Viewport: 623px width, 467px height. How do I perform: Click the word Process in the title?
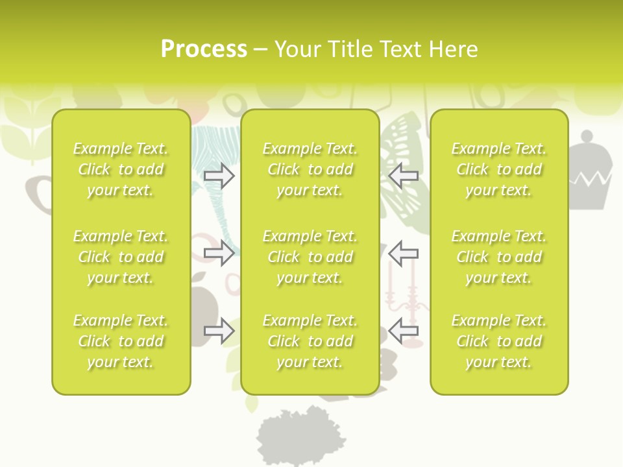pos(204,49)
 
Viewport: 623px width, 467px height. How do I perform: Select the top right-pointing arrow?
pos(219,175)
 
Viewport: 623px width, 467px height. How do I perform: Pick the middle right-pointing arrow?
pos(219,253)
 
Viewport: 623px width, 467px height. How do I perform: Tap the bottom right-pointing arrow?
pos(219,331)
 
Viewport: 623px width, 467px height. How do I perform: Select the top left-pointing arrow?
pos(403,175)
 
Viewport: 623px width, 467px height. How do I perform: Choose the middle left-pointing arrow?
pos(403,253)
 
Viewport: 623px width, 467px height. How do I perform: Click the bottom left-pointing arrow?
pos(403,331)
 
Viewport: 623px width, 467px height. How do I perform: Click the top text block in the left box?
pos(121,169)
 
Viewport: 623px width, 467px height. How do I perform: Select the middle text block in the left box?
pos(121,257)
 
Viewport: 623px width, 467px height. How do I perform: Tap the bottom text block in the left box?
pos(121,341)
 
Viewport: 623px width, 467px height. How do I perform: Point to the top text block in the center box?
pos(310,169)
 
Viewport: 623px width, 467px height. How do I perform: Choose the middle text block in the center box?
pos(310,257)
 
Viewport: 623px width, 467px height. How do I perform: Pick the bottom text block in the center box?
pos(310,341)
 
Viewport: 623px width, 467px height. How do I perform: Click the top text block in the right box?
pos(499,169)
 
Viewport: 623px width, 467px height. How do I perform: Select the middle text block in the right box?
pos(499,257)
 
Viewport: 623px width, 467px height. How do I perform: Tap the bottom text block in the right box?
pos(499,341)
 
